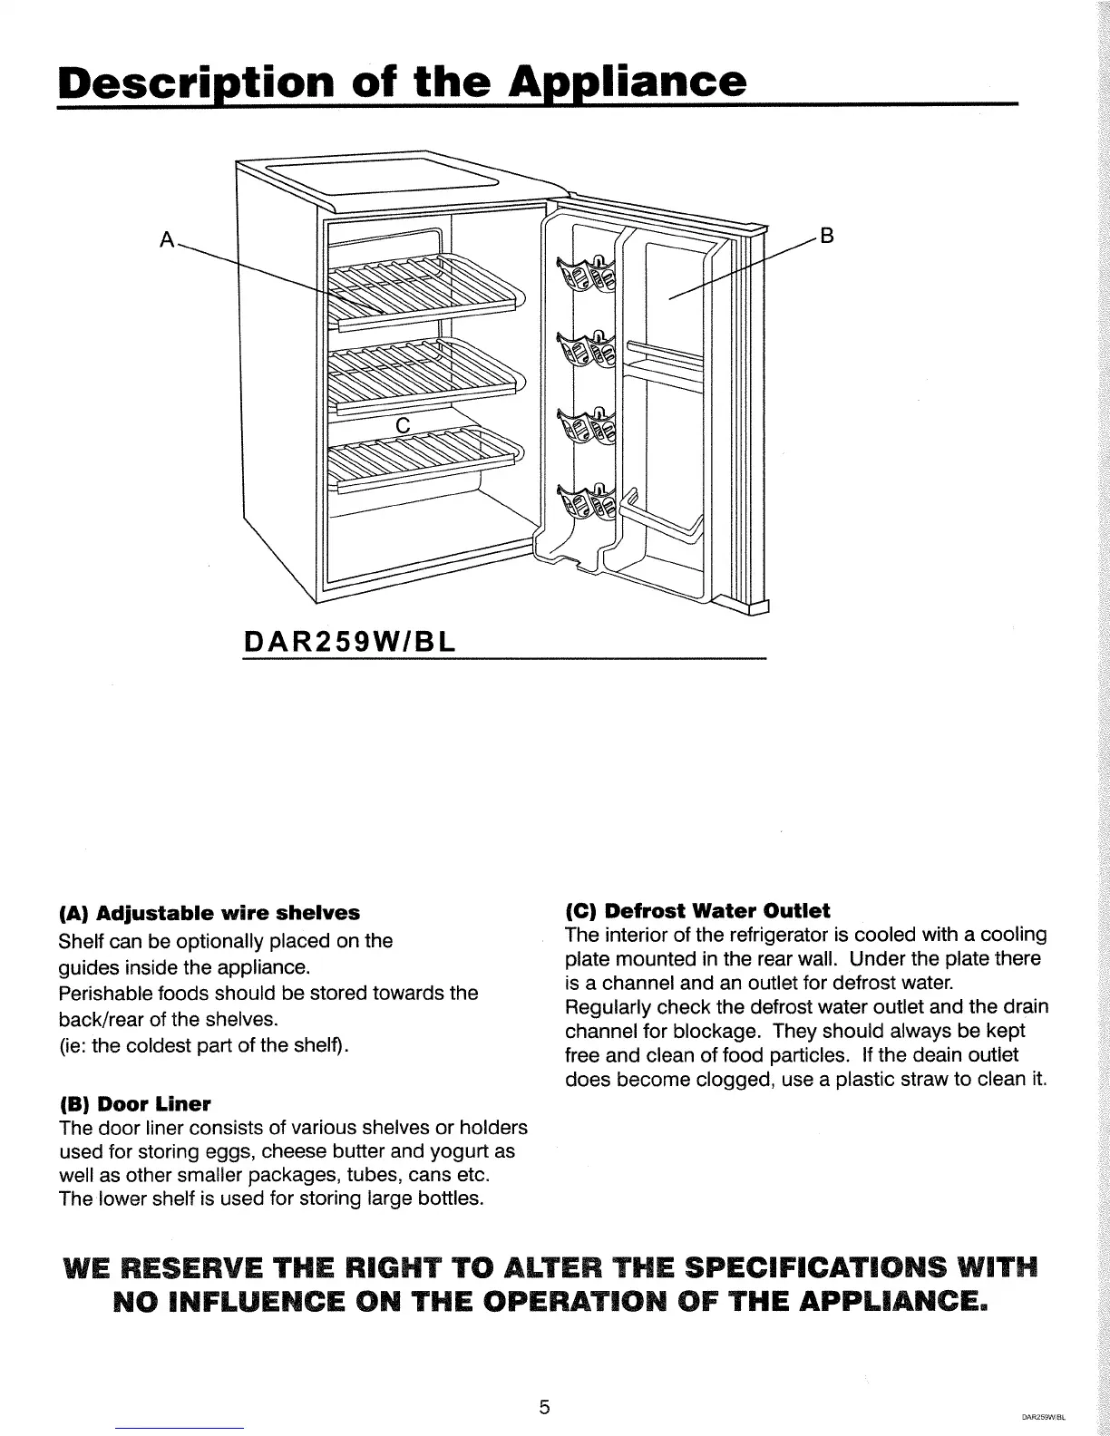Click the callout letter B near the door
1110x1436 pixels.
point(826,237)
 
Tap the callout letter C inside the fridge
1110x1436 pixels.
point(404,425)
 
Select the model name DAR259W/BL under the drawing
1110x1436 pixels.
point(350,642)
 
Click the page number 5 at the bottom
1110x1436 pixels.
point(544,1382)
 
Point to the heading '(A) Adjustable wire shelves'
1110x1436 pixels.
point(209,911)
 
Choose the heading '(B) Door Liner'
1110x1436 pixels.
point(134,1104)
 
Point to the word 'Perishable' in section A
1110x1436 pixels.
point(102,993)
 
